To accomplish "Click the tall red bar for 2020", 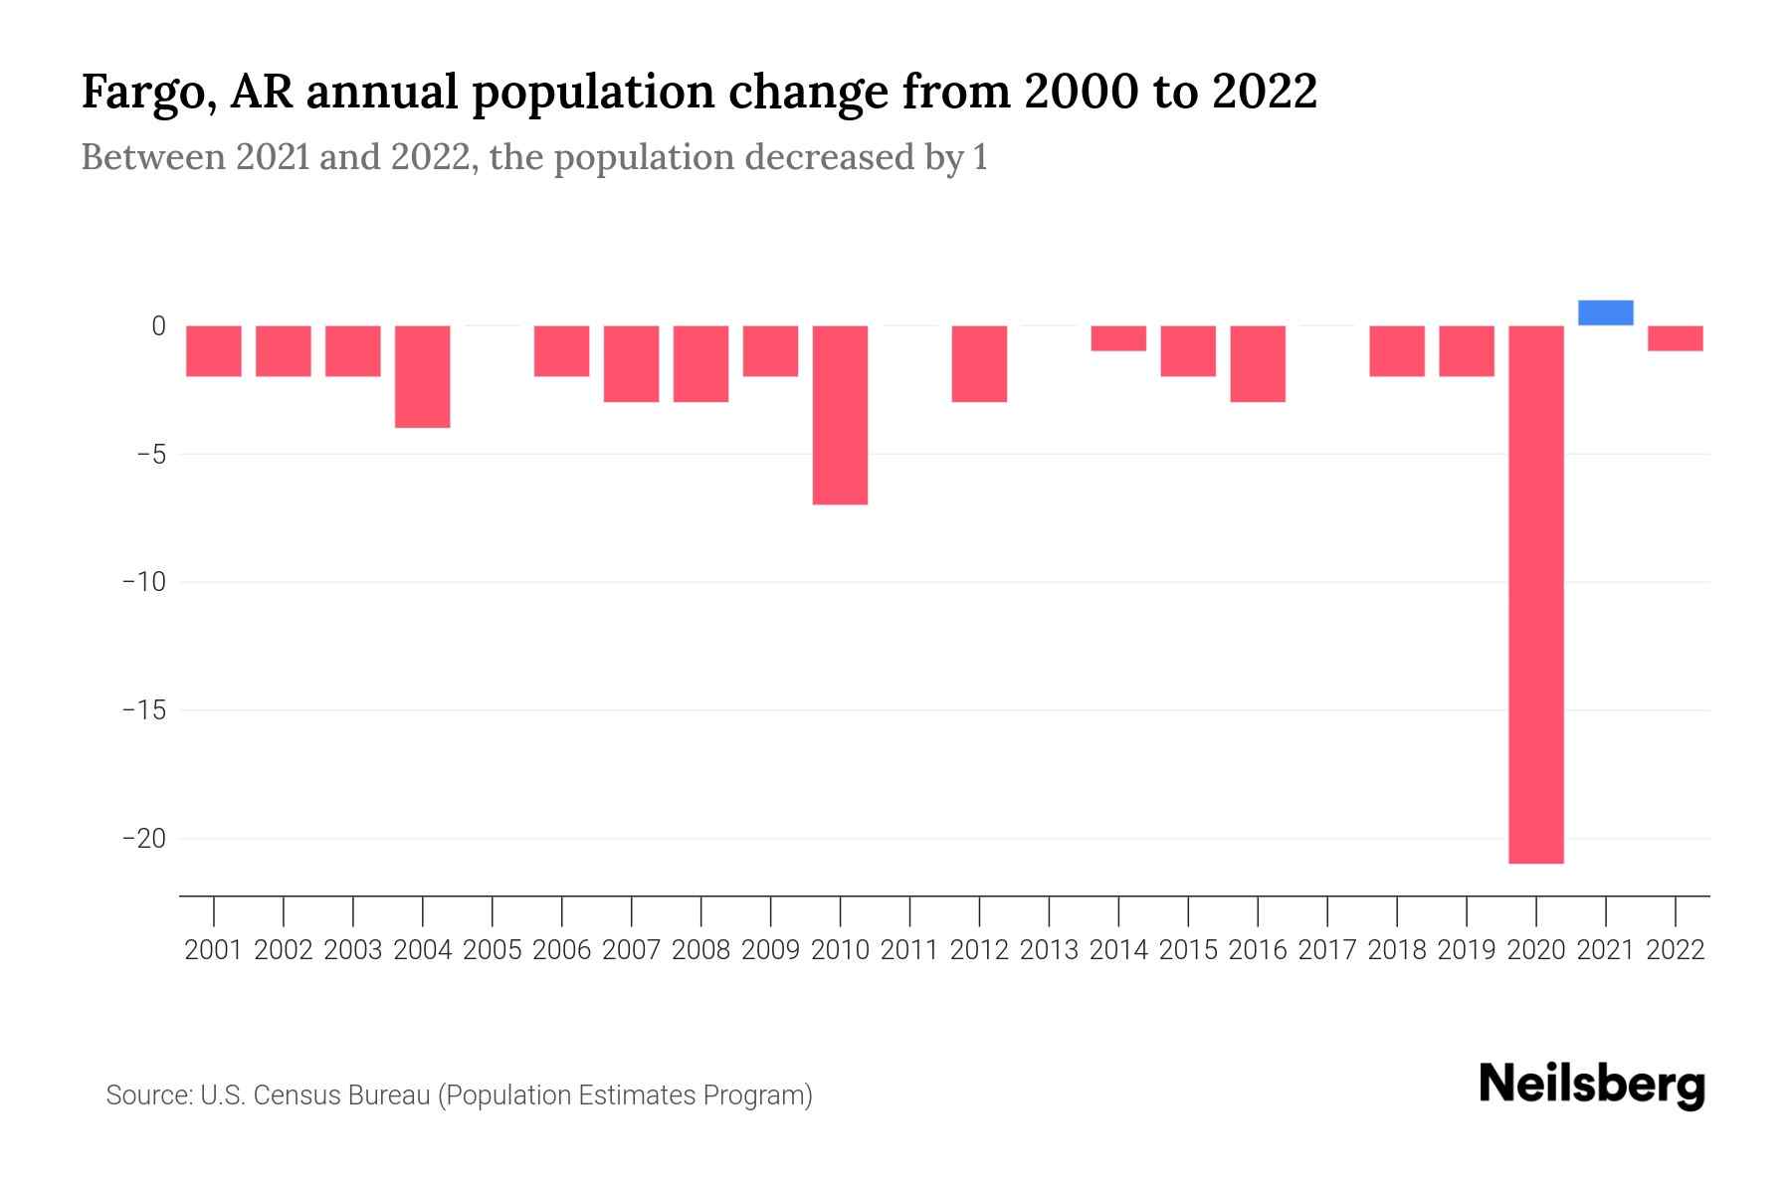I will point(1535,594).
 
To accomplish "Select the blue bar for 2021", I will point(1605,312).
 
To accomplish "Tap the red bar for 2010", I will point(840,415).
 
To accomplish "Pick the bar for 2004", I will point(422,376).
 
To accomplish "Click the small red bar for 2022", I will point(1675,338).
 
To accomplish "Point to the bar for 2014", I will point(1118,338).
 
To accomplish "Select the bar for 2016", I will point(1258,363).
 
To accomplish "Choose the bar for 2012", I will point(979,363).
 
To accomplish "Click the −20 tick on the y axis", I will point(144,838).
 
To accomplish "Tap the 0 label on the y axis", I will point(158,325).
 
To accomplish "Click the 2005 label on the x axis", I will point(493,950).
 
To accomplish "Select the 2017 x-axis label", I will point(1327,950).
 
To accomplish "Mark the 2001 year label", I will point(214,950).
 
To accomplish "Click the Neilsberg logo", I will point(1591,1085).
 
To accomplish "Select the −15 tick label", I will point(144,710).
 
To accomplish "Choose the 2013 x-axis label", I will point(1049,950).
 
